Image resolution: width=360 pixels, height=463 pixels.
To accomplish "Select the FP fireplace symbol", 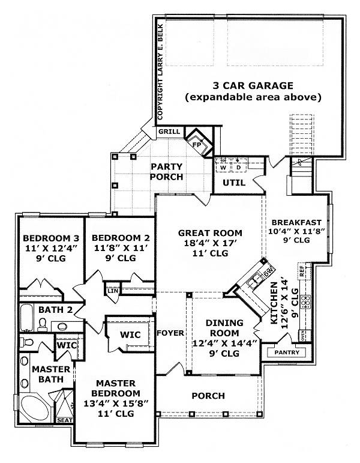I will (x=196, y=144).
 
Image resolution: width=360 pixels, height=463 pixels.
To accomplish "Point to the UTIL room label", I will (x=233, y=182).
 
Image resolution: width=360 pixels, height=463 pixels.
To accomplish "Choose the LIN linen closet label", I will (x=112, y=291).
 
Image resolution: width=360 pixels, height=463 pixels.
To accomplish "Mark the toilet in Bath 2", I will (x=42, y=325).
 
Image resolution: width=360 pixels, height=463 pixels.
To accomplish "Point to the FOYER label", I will (x=170, y=333).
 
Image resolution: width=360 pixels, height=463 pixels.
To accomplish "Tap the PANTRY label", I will (x=286, y=353).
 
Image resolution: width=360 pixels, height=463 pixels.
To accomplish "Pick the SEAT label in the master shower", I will (x=64, y=420).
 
